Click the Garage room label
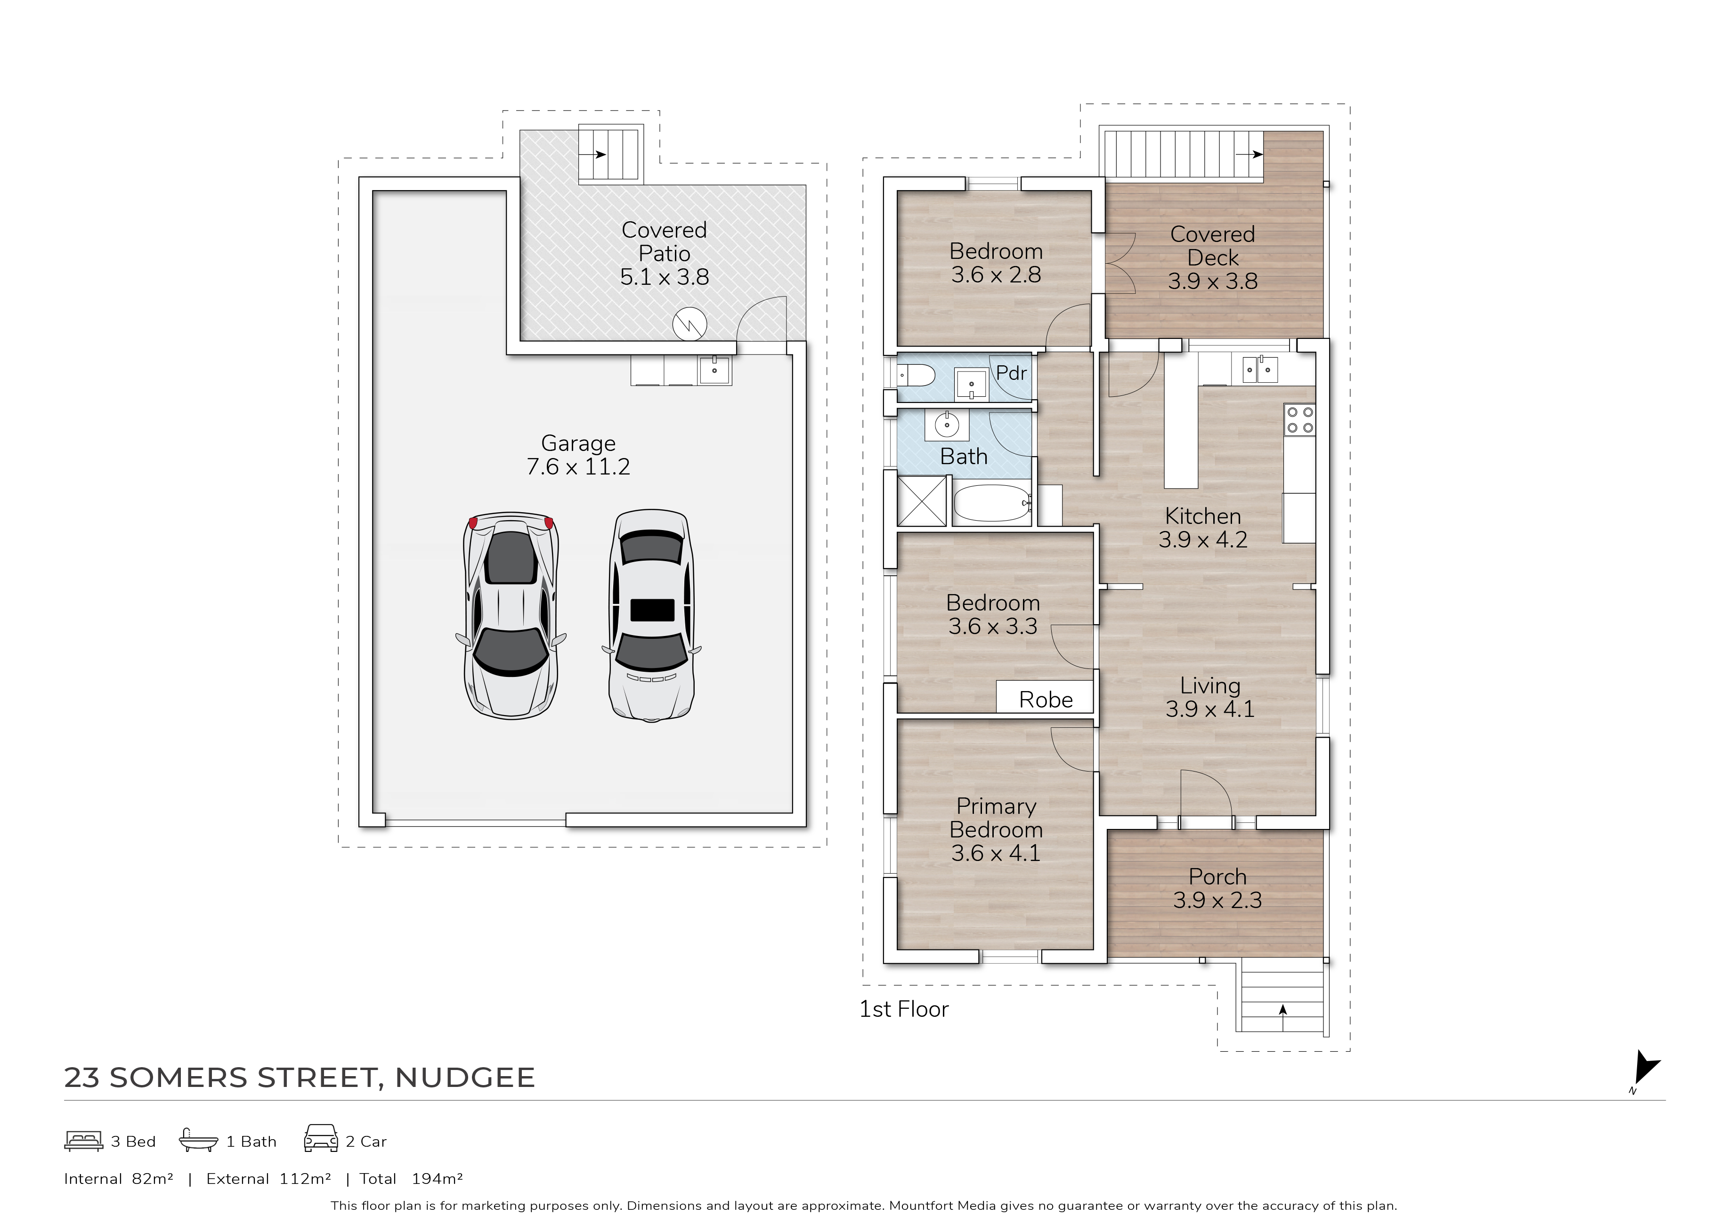click(578, 454)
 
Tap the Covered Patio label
click(664, 253)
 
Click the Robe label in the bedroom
click(1046, 700)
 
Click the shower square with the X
click(922, 501)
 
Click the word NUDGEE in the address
click(465, 1078)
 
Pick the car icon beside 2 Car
click(321, 1139)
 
